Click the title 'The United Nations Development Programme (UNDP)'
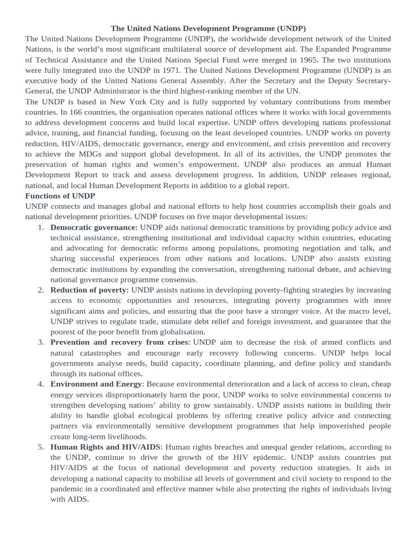[208, 28]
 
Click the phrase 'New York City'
[137, 101]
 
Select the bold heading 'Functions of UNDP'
[60, 195]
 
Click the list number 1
[41, 227]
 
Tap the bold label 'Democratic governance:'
[94, 227]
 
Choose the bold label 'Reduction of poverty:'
[90, 290]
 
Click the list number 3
[41, 342]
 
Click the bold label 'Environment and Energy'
[96, 384]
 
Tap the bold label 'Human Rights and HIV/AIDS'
[105, 447]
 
